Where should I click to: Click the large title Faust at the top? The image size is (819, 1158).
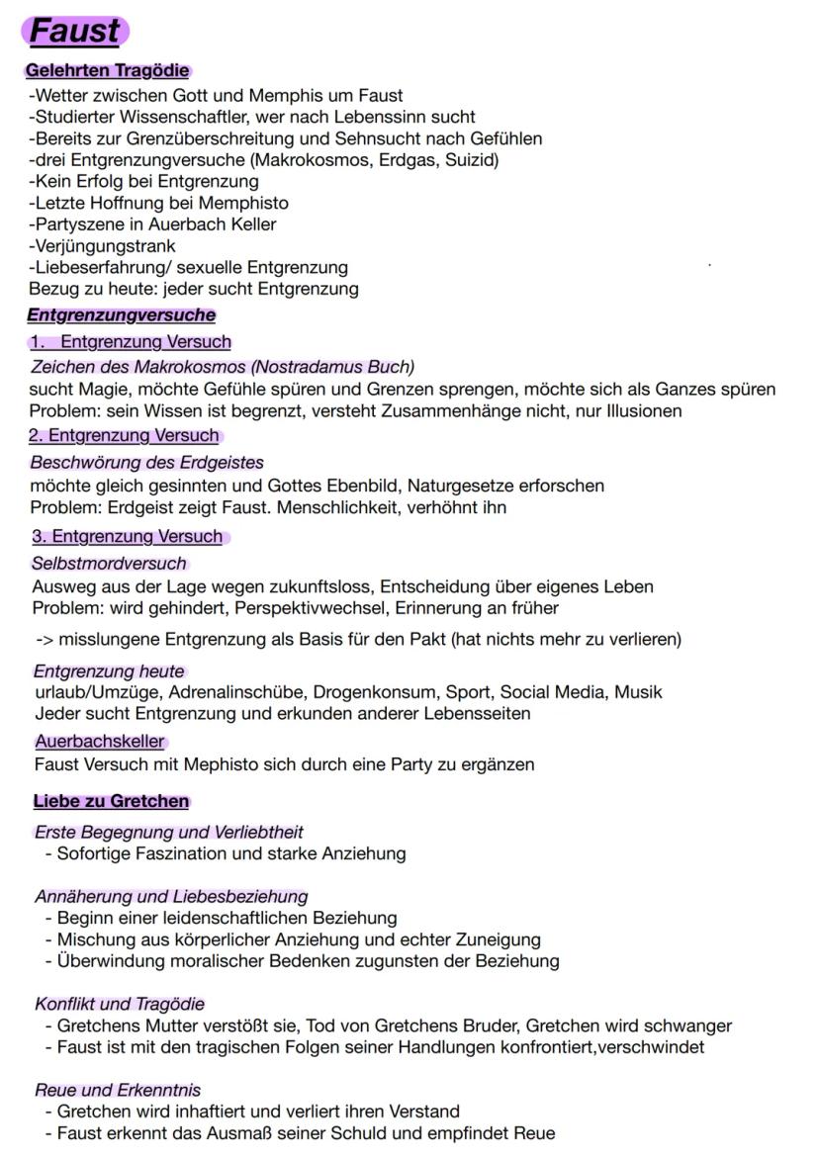[x=75, y=31]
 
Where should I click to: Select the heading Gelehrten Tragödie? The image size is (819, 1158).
[x=107, y=71]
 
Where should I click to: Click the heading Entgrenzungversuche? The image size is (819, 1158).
[x=121, y=315]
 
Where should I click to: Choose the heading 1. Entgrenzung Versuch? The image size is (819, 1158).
[x=131, y=342]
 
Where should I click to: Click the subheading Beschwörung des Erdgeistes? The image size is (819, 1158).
[x=146, y=462]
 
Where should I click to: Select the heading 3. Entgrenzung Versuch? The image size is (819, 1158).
[x=128, y=537]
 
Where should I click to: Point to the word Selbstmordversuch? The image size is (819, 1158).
[x=109, y=564]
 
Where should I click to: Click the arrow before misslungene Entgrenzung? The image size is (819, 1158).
[x=44, y=640]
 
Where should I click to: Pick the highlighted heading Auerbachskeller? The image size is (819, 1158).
[x=100, y=741]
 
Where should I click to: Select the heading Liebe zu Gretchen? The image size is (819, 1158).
[x=111, y=801]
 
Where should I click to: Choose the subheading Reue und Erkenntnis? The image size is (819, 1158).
[x=117, y=1090]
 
